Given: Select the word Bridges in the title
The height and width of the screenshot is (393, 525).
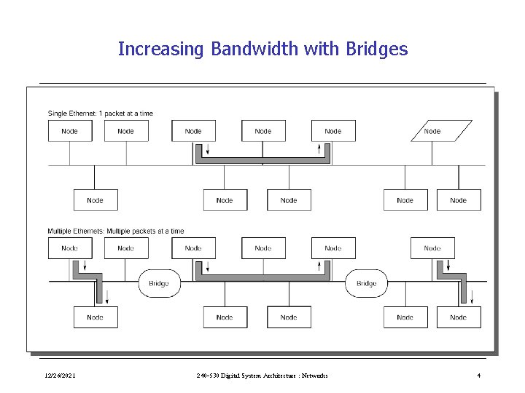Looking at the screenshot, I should point(377,49).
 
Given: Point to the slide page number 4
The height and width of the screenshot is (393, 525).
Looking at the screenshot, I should point(478,376).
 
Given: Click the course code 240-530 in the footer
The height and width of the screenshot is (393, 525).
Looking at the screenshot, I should point(210,376).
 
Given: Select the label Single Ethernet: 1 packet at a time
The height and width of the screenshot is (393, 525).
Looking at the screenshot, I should point(101,114).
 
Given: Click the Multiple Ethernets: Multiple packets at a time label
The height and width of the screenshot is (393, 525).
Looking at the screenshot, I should point(116,231).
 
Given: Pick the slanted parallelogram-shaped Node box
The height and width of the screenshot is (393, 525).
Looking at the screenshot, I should point(432,131).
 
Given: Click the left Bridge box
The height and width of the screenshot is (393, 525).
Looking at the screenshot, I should point(159,283).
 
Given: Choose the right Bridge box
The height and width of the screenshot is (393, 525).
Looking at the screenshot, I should point(367,283).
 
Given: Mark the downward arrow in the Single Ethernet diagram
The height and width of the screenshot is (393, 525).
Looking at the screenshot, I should point(208,150).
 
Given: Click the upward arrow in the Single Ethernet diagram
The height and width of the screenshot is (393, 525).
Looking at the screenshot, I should point(319,150).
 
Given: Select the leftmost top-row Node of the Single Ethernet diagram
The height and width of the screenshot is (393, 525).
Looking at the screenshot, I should point(70,131).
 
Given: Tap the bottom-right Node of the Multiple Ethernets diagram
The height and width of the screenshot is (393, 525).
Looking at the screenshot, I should point(459,317).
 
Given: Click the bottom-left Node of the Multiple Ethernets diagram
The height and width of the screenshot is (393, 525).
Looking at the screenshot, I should point(96,317).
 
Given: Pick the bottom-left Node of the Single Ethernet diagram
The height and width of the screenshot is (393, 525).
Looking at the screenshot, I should point(96,200).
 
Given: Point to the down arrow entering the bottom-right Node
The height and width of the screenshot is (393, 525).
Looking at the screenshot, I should point(472,296).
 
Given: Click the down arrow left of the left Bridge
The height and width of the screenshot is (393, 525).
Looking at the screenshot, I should point(108,296).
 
